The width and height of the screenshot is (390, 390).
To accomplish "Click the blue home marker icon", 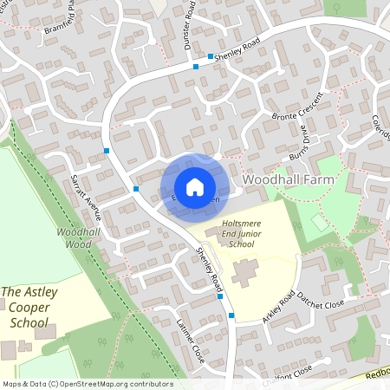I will (x=195, y=187).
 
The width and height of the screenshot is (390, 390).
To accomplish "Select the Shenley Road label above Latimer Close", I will (x=211, y=275).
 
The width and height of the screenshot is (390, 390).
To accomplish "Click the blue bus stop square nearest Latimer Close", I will (x=231, y=315).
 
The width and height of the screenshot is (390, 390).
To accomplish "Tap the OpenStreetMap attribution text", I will (x=87, y=384).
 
